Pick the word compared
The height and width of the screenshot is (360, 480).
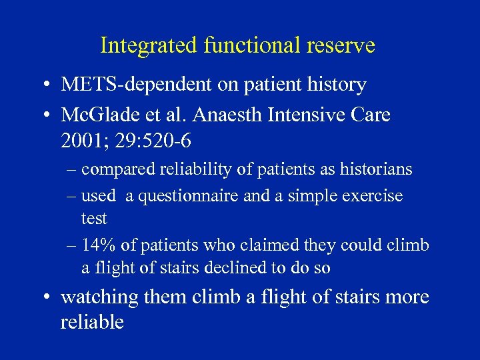click(x=118, y=170)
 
